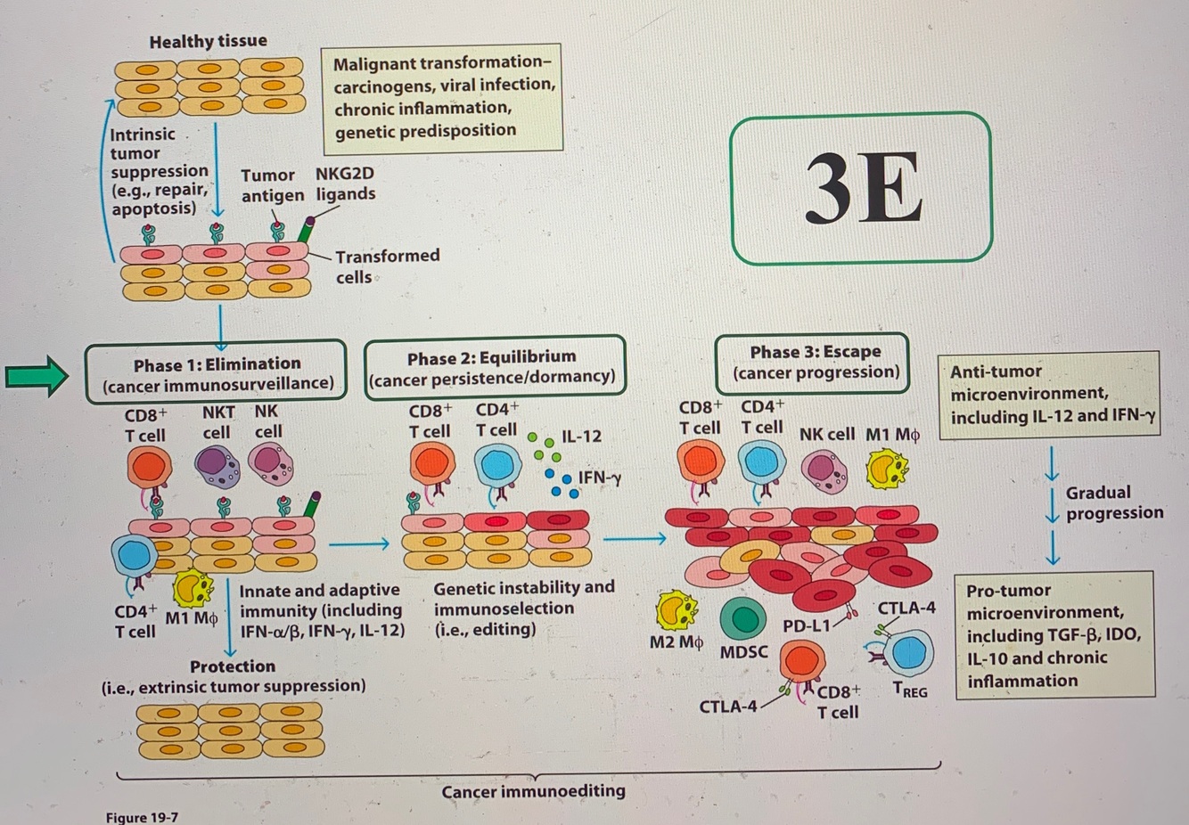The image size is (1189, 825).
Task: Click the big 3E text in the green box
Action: point(862,188)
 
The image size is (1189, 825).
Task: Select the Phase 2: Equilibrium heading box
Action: point(495,367)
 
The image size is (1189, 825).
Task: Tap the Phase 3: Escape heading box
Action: point(814,362)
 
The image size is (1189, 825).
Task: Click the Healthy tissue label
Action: point(208,41)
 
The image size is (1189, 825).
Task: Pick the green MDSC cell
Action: point(742,617)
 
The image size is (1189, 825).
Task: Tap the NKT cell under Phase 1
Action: point(217,465)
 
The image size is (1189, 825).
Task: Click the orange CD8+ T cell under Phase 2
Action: point(432,464)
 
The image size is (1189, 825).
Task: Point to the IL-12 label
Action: point(581,437)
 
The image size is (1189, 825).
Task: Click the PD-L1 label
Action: point(806,626)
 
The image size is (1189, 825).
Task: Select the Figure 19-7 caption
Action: point(142,817)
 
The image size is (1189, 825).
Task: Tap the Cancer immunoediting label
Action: point(533,791)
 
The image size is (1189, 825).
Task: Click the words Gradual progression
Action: point(1113,502)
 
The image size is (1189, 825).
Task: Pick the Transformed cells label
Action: point(387,266)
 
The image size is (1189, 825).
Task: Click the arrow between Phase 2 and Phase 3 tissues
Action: point(635,538)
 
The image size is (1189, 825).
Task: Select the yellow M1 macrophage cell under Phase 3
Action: point(887,470)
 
